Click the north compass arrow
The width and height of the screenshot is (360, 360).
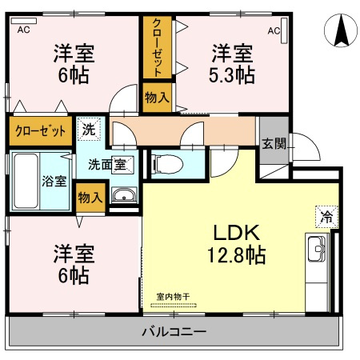pos(339,32)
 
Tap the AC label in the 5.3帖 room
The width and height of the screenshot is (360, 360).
pos(274,30)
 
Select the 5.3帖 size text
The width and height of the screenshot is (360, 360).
pos(233,76)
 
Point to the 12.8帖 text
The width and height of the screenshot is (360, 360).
pos(232,256)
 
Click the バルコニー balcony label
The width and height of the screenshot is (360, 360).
pos(174,331)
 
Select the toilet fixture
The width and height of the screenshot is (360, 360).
pos(166,164)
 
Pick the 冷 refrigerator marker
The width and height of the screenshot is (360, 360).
pos(326,215)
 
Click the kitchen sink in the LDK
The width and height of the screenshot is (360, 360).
pos(317,250)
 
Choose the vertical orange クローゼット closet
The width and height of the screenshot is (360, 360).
pos(156,46)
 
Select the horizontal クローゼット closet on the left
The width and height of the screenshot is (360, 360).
pos(40,133)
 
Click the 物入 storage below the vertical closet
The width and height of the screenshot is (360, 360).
pos(157,98)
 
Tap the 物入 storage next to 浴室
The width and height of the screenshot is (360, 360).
pos(90,196)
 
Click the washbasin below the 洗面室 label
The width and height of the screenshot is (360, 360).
pos(123,197)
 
